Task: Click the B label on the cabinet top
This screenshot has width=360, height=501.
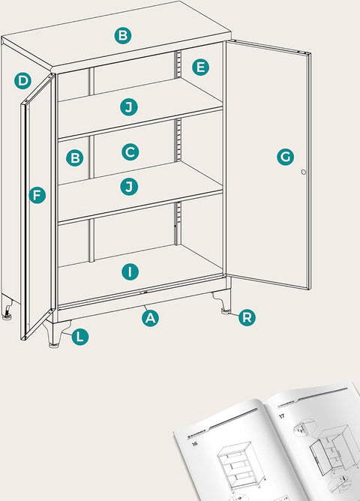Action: click(x=123, y=34)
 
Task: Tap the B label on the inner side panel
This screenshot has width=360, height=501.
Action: click(x=73, y=158)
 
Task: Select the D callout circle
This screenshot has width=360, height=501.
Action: click(x=22, y=80)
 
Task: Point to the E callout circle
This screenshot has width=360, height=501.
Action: click(x=199, y=67)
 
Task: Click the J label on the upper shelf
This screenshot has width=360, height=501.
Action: click(x=130, y=107)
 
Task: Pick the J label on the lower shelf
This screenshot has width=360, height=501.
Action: click(x=130, y=185)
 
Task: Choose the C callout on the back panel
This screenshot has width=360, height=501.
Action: click(x=130, y=151)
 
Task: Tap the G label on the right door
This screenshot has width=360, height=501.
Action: click(x=284, y=157)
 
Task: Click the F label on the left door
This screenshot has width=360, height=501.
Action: click(x=37, y=196)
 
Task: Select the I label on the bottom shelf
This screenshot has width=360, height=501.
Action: click(x=130, y=271)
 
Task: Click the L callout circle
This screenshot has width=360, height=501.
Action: click(x=79, y=337)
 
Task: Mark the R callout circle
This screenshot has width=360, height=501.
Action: click(x=247, y=318)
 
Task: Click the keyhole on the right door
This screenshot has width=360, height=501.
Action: click(x=304, y=172)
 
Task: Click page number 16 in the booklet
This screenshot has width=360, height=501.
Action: click(x=194, y=444)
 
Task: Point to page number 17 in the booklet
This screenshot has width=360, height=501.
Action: click(x=282, y=415)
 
